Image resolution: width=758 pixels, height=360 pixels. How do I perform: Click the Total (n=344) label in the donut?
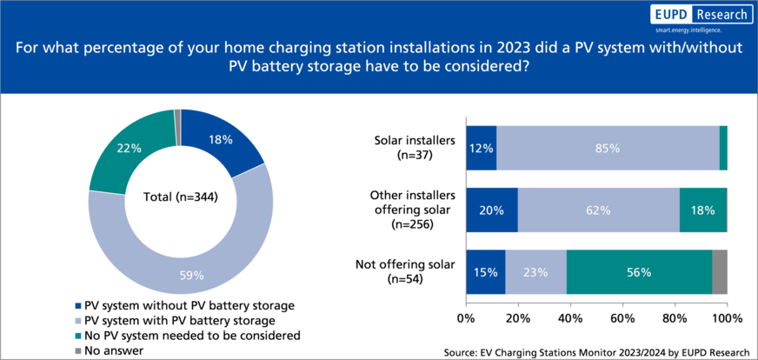(180, 197)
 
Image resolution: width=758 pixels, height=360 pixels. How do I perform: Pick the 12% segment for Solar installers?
(481, 148)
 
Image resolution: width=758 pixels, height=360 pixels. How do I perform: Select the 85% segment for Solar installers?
(607, 148)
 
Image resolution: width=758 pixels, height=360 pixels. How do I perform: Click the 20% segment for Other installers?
(492, 210)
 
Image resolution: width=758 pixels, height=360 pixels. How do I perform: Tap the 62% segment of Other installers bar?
(598, 210)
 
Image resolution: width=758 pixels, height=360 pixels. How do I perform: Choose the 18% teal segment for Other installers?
(702, 210)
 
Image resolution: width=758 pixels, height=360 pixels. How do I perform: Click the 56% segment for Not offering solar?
(639, 271)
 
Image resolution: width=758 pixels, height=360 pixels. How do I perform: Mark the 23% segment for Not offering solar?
(535, 271)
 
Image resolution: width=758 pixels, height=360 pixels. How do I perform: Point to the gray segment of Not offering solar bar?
(719, 271)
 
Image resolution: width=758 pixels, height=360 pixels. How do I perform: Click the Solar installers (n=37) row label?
(409, 148)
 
